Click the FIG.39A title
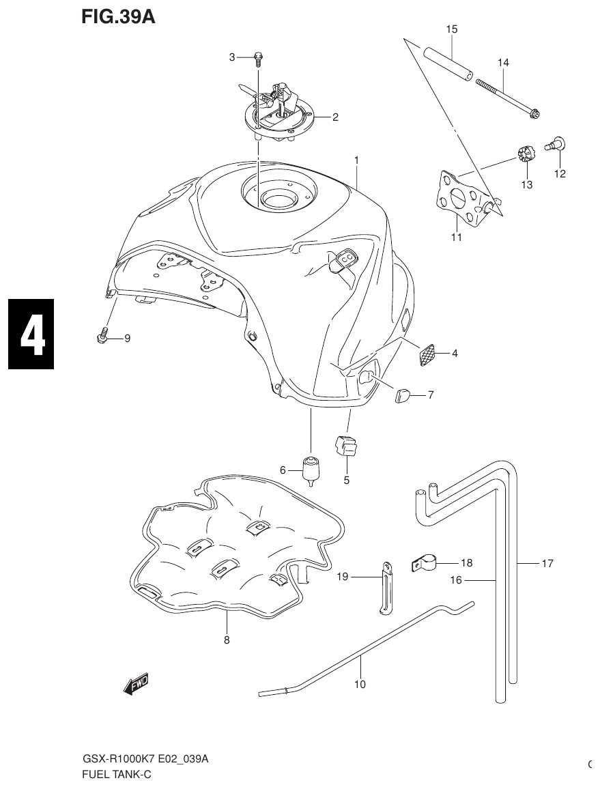pyautogui.click(x=118, y=16)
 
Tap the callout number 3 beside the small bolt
pyautogui.click(x=232, y=57)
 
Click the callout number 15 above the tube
pyautogui.click(x=452, y=29)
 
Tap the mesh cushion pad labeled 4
pyautogui.click(x=427, y=354)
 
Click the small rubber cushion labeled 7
pyautogui.click(x=402, y=395)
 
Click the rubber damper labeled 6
pyautogui.click(x=311, y=470)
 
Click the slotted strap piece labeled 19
pyautogui.click(x=387, y=588)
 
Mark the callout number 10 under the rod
pyautogui.click(x=360, y=684)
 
